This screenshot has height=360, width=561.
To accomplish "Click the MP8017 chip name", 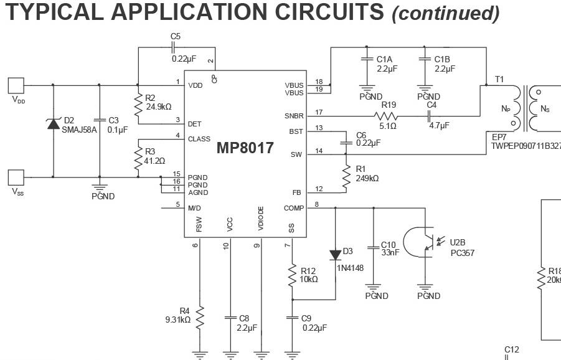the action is coord(245,148).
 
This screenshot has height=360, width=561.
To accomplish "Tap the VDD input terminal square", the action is coord(16,85).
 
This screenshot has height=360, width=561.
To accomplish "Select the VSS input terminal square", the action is coord(16,178).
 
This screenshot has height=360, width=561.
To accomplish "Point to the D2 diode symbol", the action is coord(54,124).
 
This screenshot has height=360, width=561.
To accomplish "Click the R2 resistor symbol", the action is coord(138,105).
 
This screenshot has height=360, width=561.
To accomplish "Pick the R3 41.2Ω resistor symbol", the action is coord(138,159).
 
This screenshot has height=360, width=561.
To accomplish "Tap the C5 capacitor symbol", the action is coord(173,47).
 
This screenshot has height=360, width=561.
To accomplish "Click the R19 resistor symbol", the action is coord(386,116).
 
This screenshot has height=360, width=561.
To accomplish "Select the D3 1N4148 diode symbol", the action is coord(335,255).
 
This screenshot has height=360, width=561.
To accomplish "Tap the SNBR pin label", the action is coord(294,116).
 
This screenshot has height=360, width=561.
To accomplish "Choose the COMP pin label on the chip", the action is coord(294,208).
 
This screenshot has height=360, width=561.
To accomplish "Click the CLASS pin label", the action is coord(199,139).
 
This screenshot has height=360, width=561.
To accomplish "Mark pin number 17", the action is coord(319,112).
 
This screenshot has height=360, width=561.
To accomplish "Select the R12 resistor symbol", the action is coord(292,275).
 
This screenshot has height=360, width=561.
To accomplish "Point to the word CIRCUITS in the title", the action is coord(329,11).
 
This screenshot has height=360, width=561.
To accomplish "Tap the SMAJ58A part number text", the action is coord(80,130).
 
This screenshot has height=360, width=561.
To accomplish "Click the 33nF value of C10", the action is coord(390,253).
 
